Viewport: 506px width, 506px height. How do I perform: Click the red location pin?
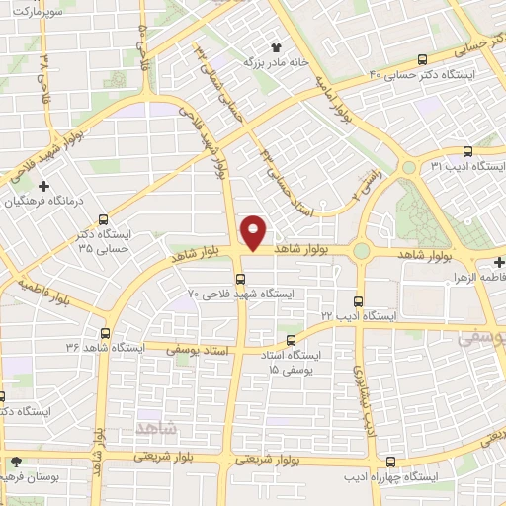click(255, 231)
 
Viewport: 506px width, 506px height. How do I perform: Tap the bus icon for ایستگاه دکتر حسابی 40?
click(423, 58)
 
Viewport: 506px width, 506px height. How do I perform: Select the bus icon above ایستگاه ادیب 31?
click(467, 151)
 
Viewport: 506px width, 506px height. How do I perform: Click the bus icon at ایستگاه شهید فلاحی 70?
click(241, 278)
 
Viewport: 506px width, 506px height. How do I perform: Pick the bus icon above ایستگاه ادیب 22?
click(358, 300)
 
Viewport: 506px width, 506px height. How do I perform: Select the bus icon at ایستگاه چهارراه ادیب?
click(391, 462)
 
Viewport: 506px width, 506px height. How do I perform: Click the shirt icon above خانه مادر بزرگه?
click(276, 46)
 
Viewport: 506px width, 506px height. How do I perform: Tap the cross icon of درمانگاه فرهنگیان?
click(43, 186)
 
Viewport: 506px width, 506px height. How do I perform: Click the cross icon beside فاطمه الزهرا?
click(499, 262)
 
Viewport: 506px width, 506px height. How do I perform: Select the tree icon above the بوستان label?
click(15, 462)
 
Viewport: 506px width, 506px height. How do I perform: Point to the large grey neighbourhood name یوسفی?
click(480, 337)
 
